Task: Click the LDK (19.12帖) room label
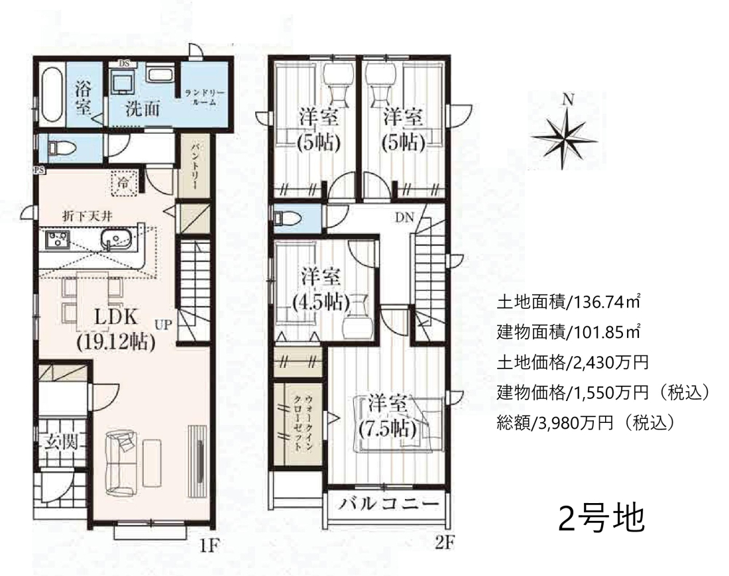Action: [116, 329]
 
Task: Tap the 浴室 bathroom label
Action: [84, 98]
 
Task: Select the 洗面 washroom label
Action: [142, 108]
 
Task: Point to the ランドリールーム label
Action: [205, 97]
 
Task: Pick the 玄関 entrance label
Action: [61, 442]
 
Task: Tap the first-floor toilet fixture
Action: [57, 148]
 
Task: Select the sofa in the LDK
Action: [121, 462]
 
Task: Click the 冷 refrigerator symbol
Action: [125, 183]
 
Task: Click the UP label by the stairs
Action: [164, 325]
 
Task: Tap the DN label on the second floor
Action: [404, 217]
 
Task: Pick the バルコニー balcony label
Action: [388, 504]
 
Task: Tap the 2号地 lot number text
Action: [601, 518]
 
